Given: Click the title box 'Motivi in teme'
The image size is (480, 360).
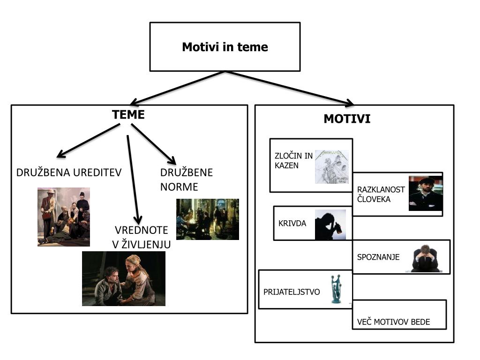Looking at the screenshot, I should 225,47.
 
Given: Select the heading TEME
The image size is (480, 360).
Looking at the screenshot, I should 128,115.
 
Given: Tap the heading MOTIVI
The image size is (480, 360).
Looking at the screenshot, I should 347,119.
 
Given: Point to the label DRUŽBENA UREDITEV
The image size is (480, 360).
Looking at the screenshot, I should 69,172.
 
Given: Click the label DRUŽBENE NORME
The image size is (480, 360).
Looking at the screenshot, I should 186,180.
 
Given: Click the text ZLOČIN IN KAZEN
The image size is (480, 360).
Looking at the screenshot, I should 293,160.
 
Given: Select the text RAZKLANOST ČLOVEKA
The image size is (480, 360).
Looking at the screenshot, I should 381,194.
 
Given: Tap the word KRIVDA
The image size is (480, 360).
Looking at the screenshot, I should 292,224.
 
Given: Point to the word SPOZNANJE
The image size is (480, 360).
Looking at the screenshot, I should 378,257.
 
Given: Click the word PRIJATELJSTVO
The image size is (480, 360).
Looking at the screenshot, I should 292,292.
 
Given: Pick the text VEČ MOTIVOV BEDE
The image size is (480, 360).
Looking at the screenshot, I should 393,322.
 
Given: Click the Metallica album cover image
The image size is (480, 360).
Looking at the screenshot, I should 331,166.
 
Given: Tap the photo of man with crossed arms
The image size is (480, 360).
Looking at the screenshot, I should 425,194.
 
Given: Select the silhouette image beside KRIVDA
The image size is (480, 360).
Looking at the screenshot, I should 330,225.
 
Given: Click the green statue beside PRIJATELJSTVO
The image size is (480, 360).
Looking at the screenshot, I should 335,289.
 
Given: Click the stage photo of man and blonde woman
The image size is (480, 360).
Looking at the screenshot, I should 124,278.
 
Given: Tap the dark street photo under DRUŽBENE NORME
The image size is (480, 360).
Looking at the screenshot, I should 207,219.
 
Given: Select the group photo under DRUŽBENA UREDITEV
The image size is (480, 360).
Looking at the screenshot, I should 64,217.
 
